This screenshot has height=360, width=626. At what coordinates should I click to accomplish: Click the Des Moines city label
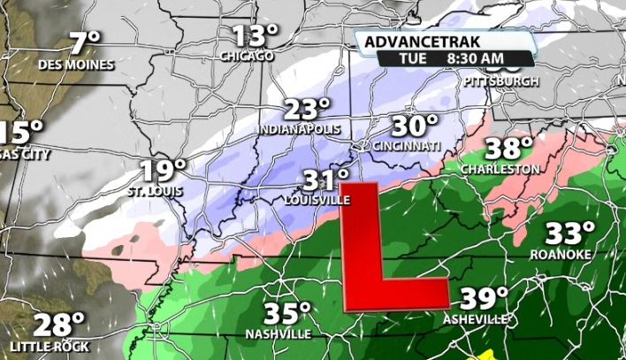76,65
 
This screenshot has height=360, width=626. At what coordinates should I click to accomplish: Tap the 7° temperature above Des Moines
85,43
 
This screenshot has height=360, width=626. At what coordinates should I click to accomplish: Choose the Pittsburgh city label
500,81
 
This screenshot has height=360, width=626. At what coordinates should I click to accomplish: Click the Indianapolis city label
300,130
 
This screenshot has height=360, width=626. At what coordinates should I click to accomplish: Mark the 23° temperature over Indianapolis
307,110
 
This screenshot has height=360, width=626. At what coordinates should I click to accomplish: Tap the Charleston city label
500,169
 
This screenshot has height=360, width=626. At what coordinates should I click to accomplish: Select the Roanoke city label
561,255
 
